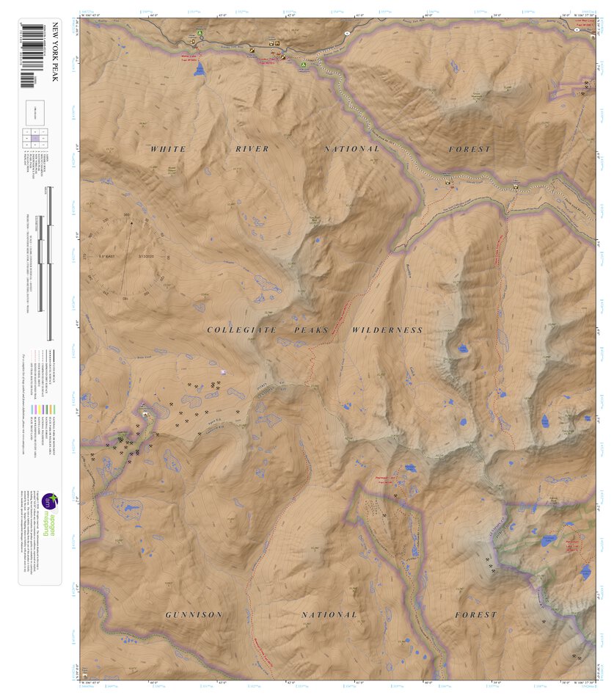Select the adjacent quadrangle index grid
click(34, 139)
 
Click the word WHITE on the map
click(168, 149)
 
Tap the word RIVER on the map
click(252, 149)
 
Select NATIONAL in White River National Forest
click(352, 149)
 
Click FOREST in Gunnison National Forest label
click(475, 614)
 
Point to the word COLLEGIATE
click(241, 330)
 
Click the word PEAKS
click(313, 330)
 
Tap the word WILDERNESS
click(387, 330)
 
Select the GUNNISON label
click(194, 614)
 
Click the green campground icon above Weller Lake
click(199, 34)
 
